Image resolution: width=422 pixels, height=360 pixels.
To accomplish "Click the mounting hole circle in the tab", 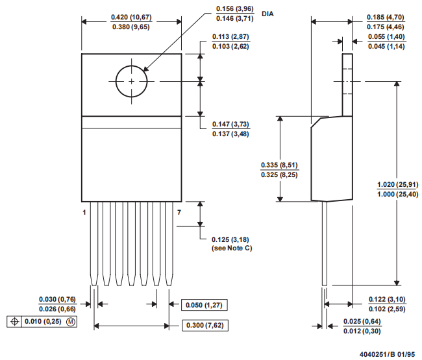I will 132,81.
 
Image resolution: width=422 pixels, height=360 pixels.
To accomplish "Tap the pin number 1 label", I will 84,212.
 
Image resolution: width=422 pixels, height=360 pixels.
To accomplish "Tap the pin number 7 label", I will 179,212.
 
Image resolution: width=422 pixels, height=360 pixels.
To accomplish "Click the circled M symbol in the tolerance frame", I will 71,322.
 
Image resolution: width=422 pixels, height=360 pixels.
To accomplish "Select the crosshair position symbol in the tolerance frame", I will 15,322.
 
